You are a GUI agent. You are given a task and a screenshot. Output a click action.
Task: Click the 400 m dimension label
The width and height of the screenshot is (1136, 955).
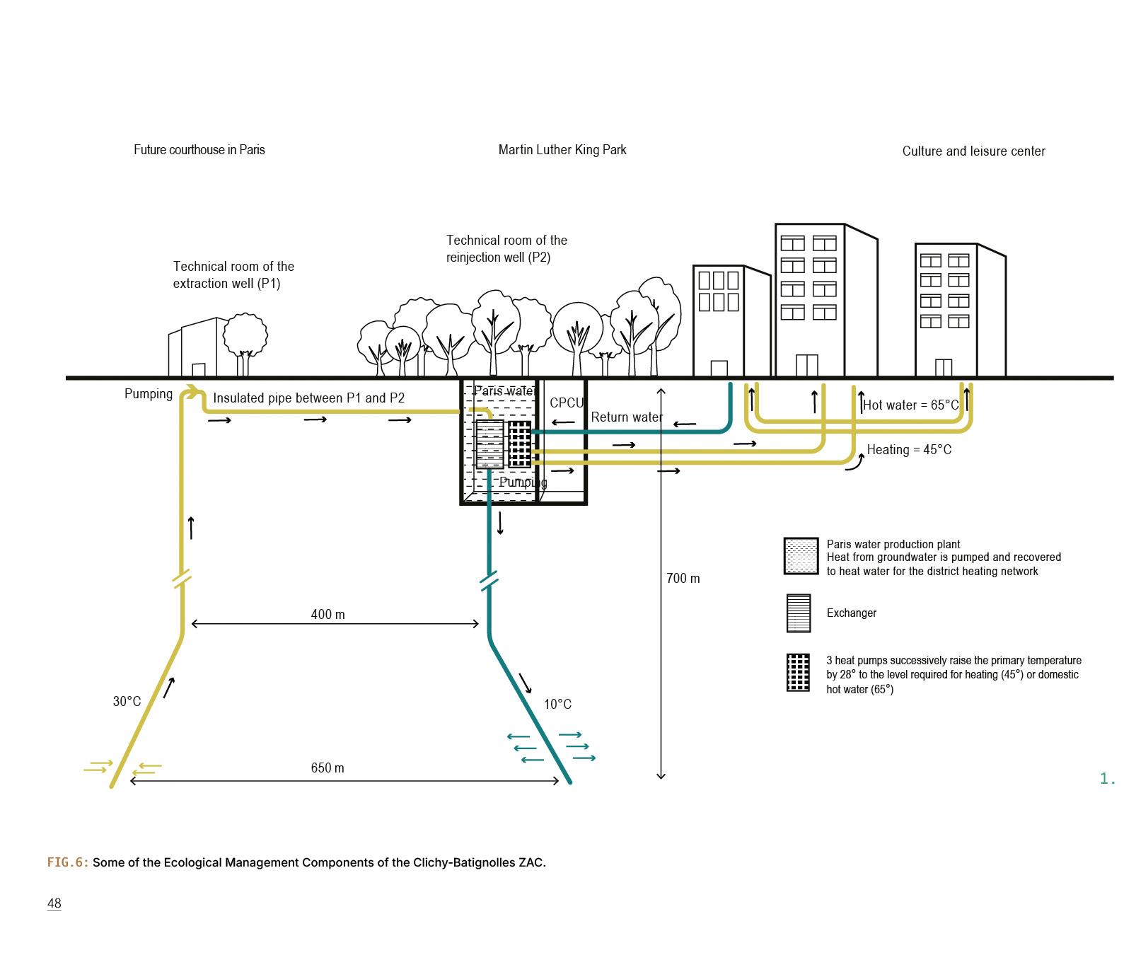(328, 614)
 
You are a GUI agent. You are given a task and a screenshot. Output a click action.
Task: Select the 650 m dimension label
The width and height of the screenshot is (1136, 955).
(328, 768)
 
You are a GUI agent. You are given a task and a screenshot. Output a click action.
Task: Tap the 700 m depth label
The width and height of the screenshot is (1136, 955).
(683, 578)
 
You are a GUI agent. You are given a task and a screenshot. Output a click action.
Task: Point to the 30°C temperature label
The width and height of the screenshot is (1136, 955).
(127, 701)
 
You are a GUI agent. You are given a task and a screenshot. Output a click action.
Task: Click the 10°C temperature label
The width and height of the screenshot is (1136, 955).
(557, 704)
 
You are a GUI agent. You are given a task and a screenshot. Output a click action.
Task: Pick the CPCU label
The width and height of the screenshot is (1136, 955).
(567, 403)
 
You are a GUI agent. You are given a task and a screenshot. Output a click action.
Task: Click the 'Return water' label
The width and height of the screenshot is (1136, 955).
(627, 417)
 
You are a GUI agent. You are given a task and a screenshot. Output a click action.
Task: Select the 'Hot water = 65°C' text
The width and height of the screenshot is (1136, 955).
(911, 405)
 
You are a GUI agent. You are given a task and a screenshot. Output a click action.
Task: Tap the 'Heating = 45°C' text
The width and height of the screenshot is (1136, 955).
(909, 449)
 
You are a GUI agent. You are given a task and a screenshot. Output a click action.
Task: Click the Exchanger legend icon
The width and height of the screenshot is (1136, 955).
(799, 613)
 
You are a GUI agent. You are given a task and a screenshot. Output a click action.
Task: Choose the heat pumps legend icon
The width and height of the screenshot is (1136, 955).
(798, 672)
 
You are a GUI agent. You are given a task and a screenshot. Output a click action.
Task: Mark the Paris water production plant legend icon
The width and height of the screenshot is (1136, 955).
(801, 556)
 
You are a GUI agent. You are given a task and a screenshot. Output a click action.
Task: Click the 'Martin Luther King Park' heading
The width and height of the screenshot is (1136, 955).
(562, 149)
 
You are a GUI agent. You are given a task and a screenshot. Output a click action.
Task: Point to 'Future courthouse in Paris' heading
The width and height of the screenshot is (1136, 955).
(199, 149)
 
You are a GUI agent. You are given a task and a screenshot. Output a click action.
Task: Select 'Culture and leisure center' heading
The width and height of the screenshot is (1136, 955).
(973, 151)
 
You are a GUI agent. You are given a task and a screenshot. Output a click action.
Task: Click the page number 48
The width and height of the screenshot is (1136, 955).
(54, 903)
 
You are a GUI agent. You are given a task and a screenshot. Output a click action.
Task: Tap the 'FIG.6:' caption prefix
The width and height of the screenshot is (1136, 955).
(68, 862)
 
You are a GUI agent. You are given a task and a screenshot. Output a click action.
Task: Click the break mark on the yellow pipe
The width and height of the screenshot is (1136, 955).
(182, 579)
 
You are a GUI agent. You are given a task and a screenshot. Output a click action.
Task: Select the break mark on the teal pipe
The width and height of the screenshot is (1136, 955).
(489, 581)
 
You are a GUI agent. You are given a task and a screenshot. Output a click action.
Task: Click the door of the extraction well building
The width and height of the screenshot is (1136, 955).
(198, 369)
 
